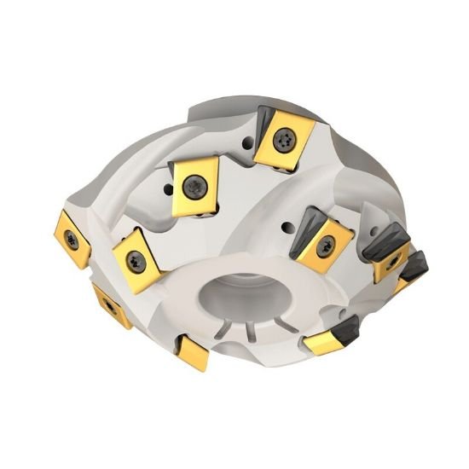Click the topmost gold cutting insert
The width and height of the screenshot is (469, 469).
pos(284,140)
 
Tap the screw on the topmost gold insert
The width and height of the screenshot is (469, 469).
pos(284,136)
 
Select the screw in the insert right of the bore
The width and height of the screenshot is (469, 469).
pos(324,247)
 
